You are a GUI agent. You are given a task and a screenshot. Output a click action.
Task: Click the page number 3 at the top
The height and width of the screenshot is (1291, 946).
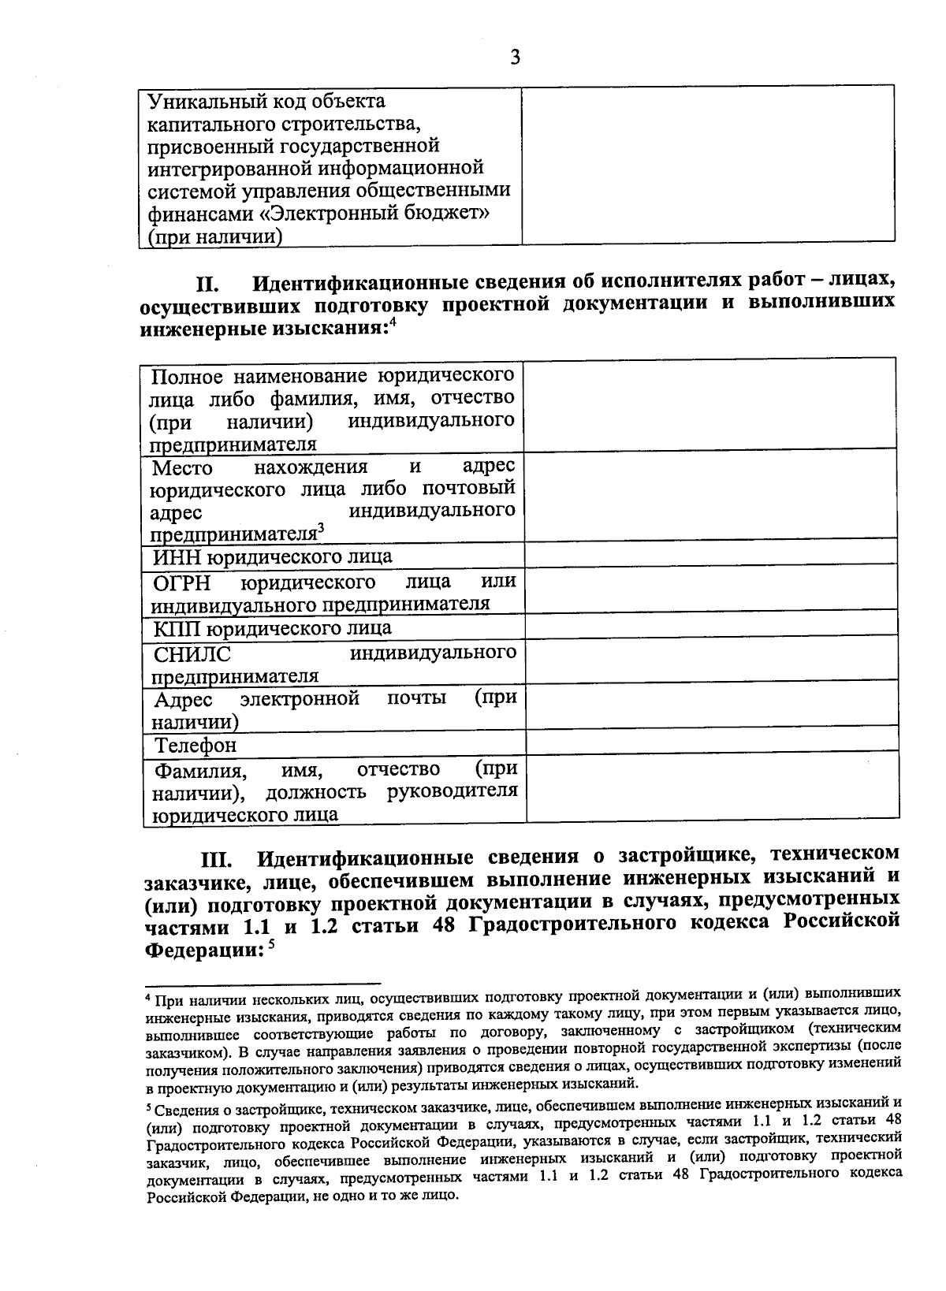(515, 58)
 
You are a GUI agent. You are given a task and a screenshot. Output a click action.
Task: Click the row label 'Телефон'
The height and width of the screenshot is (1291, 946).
(195, 745)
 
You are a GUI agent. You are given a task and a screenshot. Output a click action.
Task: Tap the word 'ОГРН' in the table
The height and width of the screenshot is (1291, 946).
(183, 583)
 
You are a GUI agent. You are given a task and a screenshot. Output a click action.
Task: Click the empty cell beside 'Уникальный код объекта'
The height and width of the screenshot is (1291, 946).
(708, 163)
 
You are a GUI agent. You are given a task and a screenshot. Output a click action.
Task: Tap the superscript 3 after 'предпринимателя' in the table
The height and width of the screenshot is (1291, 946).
(321, 528)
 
